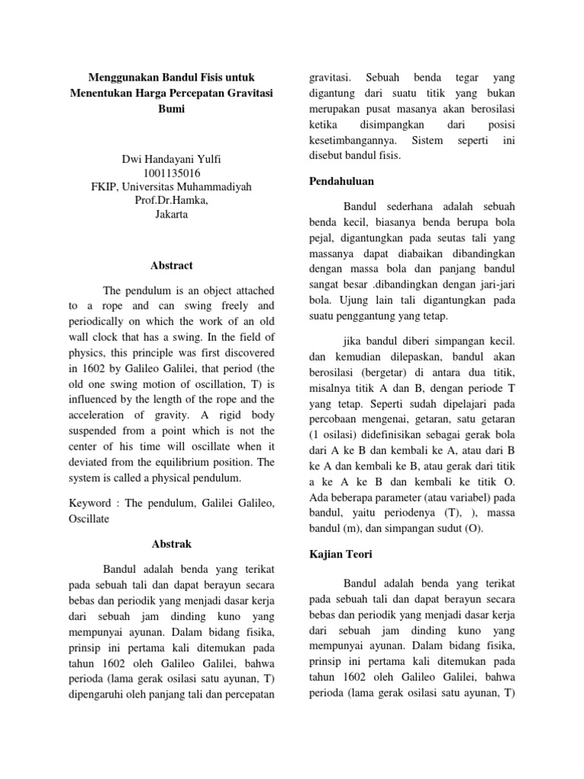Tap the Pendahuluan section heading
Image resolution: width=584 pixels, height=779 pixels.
tap(344, 183)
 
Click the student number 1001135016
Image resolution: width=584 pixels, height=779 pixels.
tap(170, 173)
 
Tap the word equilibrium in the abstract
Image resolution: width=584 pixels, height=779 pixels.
tap(203, 462)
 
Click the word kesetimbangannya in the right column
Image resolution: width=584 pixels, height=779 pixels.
tap(354, 141)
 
